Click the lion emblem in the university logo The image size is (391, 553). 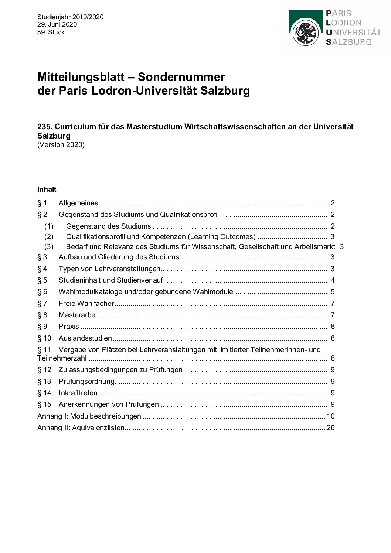click(306, 33)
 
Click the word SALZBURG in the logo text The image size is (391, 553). click(348, 42)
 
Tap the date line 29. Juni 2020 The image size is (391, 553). click(57, 24)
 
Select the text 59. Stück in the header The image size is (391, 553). click(51, 32)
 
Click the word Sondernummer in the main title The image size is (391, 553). click(181, 77)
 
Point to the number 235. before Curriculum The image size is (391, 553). click(44, 127)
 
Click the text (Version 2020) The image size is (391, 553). click(61, 145)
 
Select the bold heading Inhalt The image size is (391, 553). click(47, 190)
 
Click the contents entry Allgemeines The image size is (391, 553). click(78, 203)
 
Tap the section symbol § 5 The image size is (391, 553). click(42, 280)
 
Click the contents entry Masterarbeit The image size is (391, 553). click(79, 315)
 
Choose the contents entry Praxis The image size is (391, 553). click(69, 327)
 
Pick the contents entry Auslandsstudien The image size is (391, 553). click(85, 338)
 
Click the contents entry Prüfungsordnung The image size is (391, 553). click(86, 382)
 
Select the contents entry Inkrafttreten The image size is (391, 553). click(78, 393)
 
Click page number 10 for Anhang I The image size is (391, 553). click(330, 416)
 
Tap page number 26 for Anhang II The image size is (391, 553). click(330, 428)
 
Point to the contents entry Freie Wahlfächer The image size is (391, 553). click(86, 304)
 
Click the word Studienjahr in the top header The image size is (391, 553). click(54, 17)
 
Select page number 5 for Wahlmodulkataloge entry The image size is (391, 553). click(333, 292)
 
